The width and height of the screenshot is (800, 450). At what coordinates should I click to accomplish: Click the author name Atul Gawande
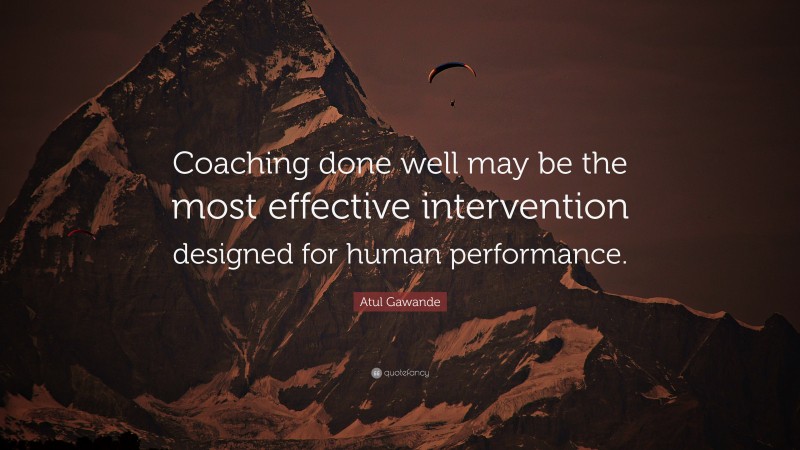click(400, 301)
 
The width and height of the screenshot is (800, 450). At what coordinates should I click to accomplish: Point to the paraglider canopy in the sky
click(452, 70)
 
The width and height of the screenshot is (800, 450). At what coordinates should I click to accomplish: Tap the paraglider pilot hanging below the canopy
click(452, 101)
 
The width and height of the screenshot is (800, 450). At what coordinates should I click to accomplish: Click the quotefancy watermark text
click(406, 373)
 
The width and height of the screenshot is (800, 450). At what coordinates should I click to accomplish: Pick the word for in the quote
click(319, 254)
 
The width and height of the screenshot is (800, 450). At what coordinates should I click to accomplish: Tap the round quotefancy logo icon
click(375, 373)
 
